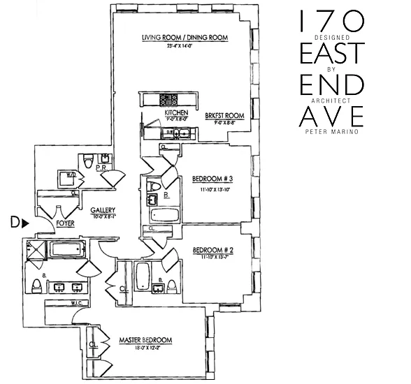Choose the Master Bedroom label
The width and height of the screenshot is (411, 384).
pos(145,340)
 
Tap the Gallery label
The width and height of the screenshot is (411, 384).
pos(103,210)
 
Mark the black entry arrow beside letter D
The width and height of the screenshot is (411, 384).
pos(25,223)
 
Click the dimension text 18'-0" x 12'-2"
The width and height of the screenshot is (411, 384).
pos(145,348)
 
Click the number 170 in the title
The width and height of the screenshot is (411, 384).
pos(331,19)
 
